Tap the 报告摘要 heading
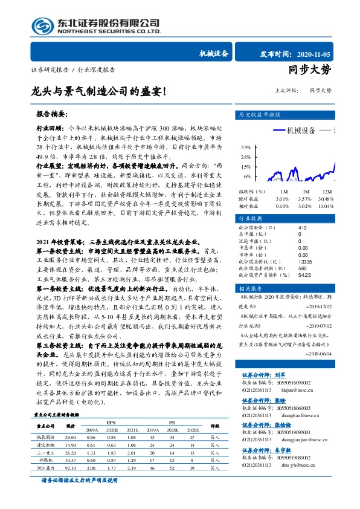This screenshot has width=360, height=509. (52, 114)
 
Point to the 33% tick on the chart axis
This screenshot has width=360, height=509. (246, 148)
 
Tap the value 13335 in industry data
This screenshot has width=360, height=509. (306, 245)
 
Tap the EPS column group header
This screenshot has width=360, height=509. (111, 422)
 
